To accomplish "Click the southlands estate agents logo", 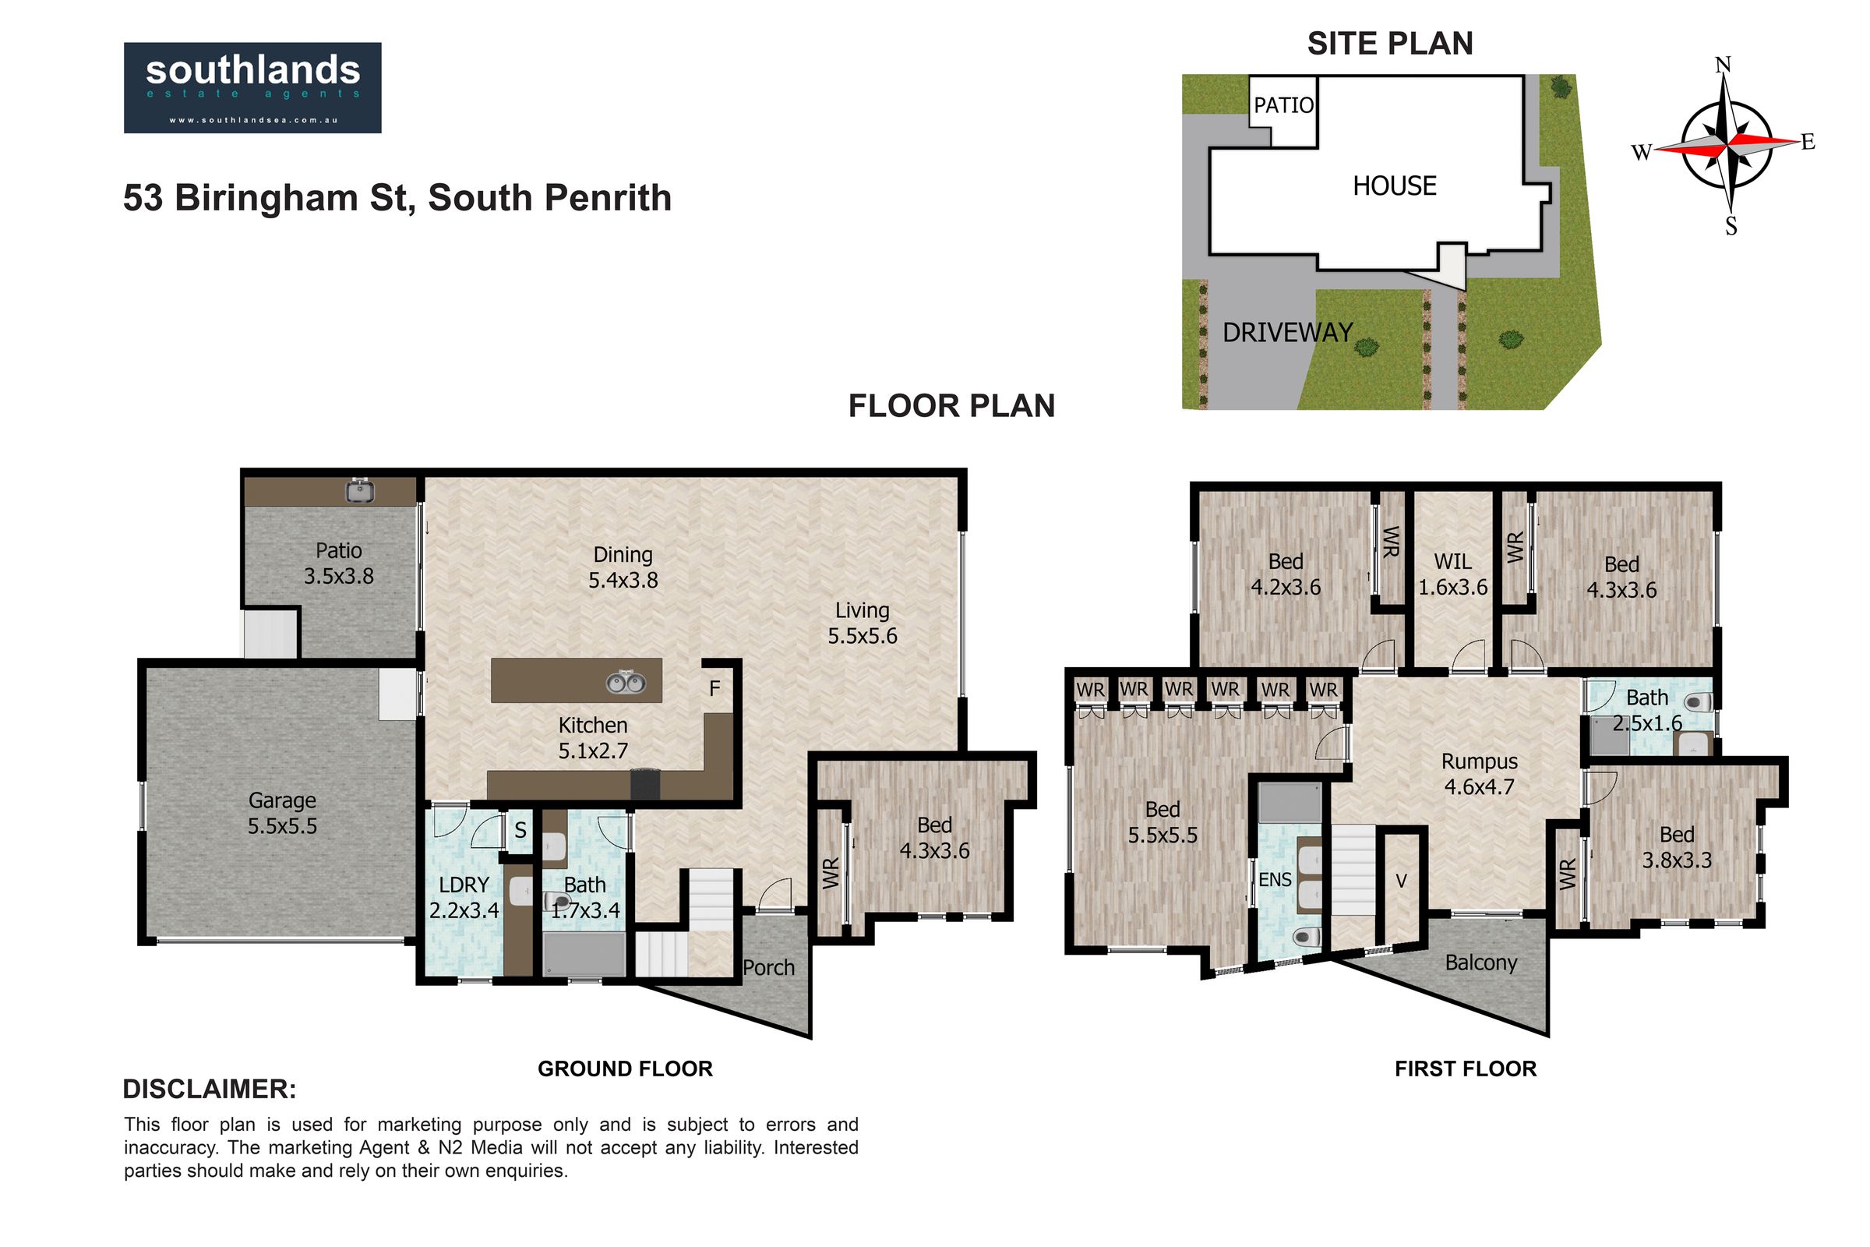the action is click(x=252, y=87).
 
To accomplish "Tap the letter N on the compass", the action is click(x=1723, y=65).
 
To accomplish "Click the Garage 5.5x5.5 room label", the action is click(x=282, y=813).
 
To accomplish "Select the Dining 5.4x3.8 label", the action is click(x=623, y=567).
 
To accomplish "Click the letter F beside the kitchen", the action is click(x=714, y=689).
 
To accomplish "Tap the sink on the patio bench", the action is click(x=360, y=491).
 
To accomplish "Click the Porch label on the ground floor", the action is click(x=769, y=968).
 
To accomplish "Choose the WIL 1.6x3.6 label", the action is click(x=1452, y=574).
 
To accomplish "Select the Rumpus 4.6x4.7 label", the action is click(x=1480, y=774).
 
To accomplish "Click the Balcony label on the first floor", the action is click(x=1481, y=963).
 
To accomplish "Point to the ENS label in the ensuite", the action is click(x=1275, y=880).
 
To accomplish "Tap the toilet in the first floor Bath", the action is click(x=1698, y=702).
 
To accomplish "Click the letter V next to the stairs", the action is click(x=1402, y=881).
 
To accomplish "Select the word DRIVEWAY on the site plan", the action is click(x=1288, y=333).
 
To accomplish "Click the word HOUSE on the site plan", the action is click(x=1395, y=186).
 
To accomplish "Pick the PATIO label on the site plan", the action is click(x=1284, y=105).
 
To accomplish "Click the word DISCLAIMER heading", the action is click(x=210, y=1089).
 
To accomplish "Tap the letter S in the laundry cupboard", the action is click(x=520, y=831).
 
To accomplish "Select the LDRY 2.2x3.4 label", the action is click(x=464, y=897).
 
